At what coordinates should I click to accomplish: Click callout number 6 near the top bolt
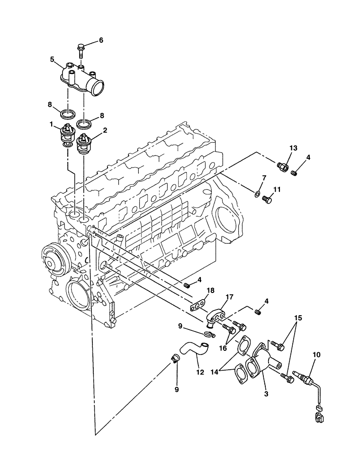click(100, 40)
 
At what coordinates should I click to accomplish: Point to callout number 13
click(293, 148)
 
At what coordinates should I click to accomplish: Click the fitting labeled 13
click(283, 167)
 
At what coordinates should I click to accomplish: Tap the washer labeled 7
click(256, 193)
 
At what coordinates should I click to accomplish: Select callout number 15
click(297, 317)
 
